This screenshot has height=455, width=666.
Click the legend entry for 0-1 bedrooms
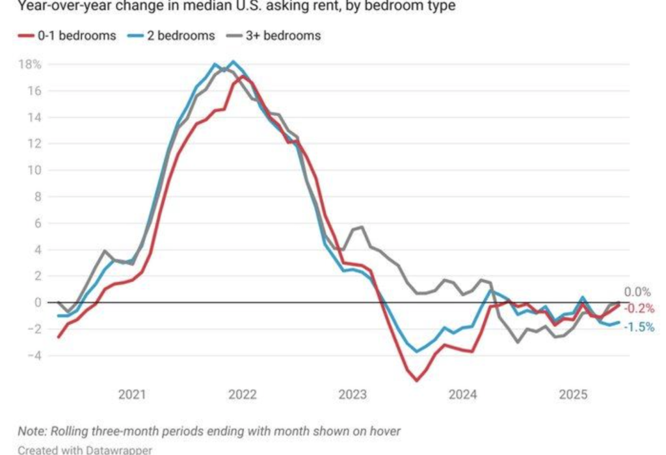point(66,36)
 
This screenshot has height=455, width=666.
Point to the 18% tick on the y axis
point(30,64)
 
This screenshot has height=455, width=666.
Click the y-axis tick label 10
point(34,171)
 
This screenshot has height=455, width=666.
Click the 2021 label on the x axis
point(133,394)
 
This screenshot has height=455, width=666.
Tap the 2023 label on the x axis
point(353,394)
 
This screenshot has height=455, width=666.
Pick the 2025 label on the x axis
point(573,394)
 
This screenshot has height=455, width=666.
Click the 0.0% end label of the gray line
point(637,292)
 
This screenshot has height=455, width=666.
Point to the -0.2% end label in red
point(639,309)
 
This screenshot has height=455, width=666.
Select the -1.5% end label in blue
point(639,327)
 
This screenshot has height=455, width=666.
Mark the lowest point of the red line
point(416,380)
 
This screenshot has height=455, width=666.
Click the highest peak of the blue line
point(233,62)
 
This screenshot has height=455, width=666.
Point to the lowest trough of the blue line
point(417,352)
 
